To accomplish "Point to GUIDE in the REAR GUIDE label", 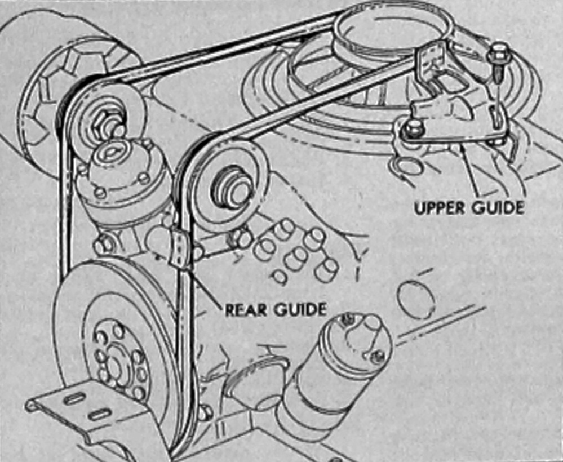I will click(x=299, y=309).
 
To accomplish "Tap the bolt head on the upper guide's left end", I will click(x=413, y=128).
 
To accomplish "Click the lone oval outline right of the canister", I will click(x=416, y=299).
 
